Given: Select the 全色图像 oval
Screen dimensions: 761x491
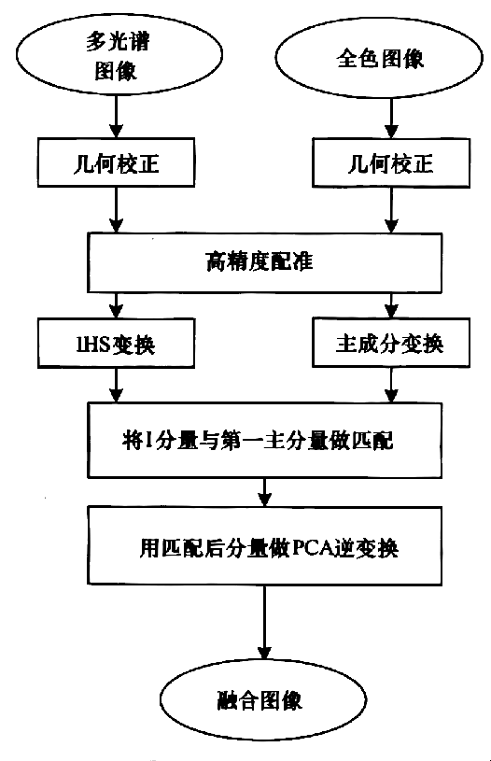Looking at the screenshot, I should point(378,59).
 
